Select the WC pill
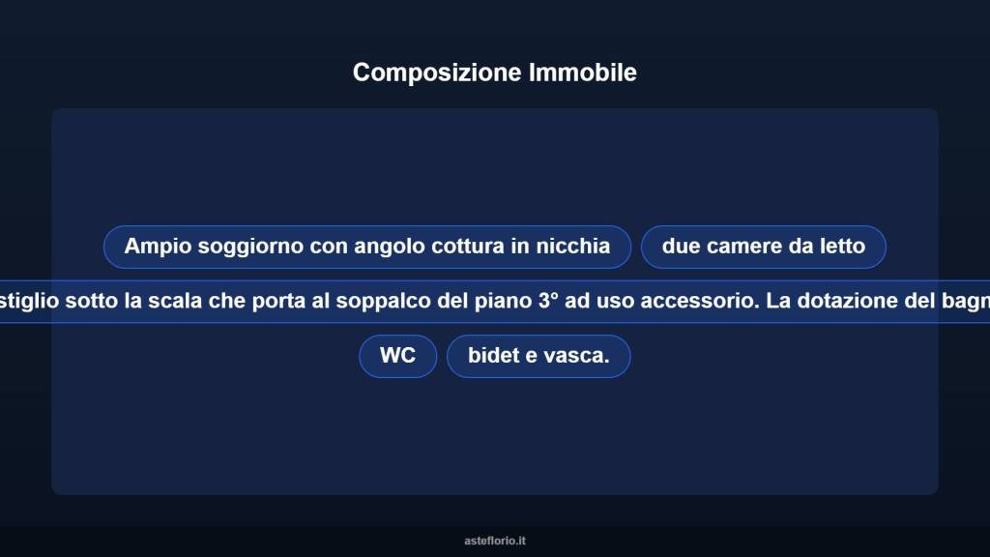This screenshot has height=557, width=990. tap(397, 356)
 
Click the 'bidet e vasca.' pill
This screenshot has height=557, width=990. tap(539, 356)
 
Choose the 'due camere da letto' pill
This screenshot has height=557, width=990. tap(763, 247)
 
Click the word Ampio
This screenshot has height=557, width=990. tap(158, 247)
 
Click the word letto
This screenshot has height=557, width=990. tap(842, 247)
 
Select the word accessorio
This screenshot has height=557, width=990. tap(695, 301)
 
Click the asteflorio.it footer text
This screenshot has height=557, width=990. tap(495, 542)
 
